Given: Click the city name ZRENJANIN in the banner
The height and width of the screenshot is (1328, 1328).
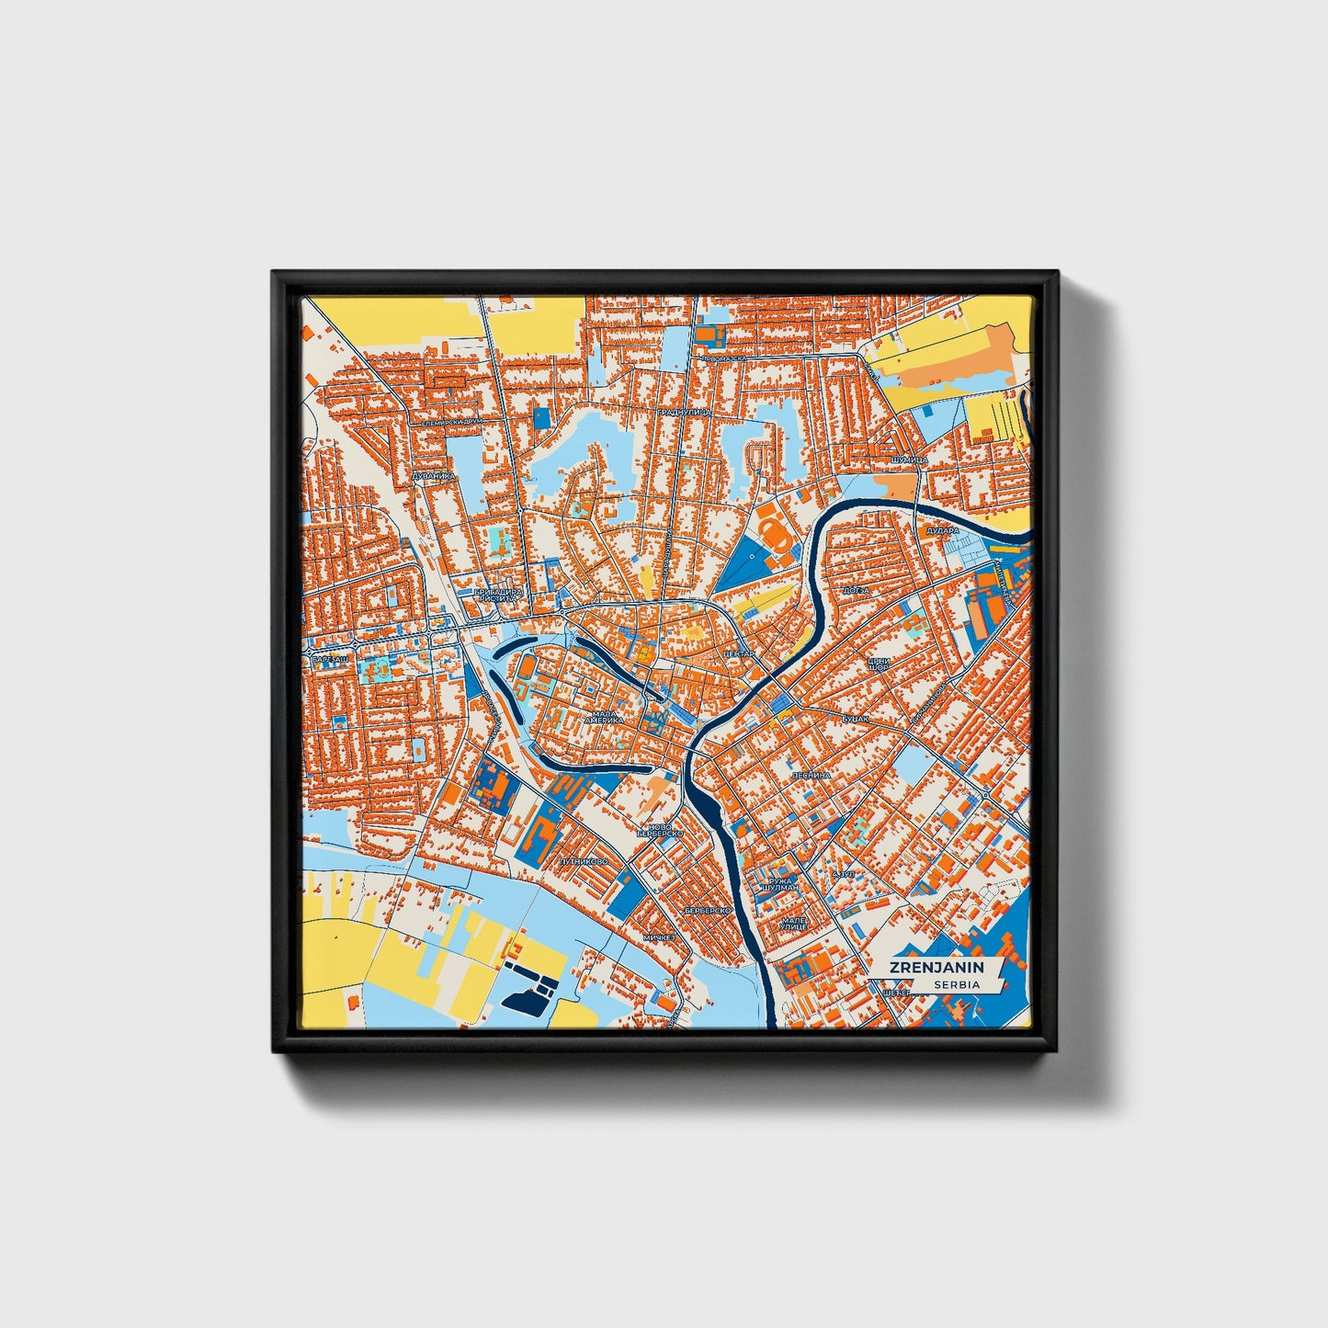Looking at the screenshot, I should click(x=936, y=967).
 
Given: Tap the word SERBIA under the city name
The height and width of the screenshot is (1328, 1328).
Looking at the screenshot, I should click(x=956, y=984).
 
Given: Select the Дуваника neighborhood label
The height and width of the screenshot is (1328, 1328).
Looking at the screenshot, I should click(x=433, y=476).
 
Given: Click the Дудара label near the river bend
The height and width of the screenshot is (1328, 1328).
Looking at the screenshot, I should click(x=943, y=530).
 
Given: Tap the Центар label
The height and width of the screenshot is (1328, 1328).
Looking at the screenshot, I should click(x=739, y=653).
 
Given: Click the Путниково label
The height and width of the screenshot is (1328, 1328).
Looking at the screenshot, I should click(x=583, y=862).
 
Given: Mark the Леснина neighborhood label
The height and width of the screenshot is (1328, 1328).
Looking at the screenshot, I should click(x=812, y=775).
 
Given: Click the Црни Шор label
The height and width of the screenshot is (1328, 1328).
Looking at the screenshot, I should click(x=879, y=664).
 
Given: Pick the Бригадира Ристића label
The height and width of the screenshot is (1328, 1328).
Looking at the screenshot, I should click(x=498, y=595).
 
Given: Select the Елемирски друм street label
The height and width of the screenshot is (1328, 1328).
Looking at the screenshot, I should click(x=451, y=422).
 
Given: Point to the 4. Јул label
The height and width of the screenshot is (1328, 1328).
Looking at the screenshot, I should click(x=841, y=873).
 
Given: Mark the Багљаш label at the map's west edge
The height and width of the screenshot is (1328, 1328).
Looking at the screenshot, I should click(x=328, y=661).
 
